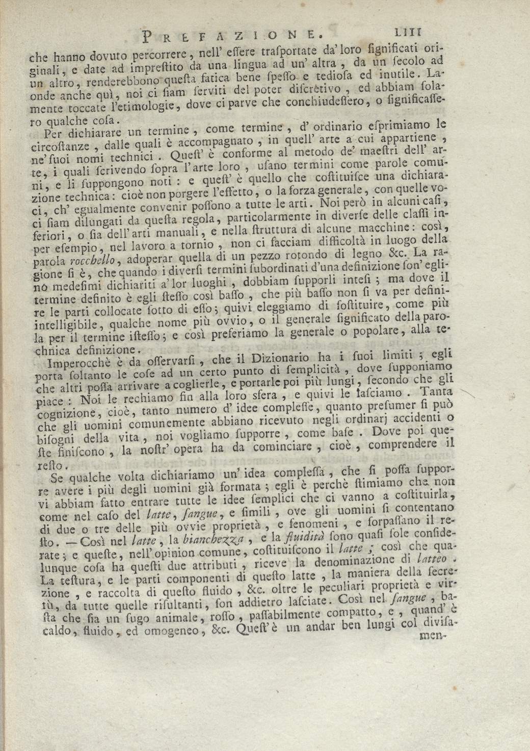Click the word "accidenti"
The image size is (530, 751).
pos(399,419)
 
